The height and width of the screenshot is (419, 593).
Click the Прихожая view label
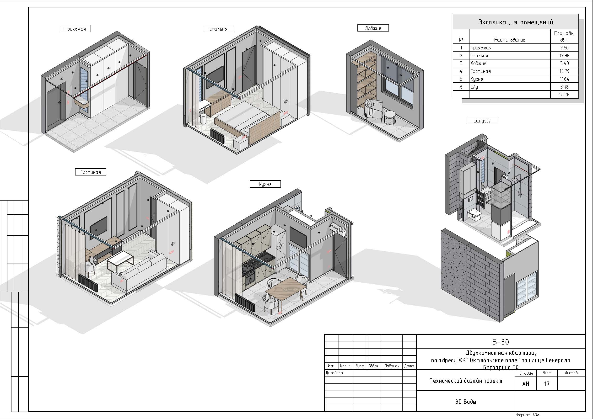coord(75,29)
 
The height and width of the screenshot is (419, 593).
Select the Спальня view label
coord(218,29)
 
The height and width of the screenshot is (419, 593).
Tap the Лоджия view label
coord(373,28)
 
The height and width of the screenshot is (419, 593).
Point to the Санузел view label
coord(482,121)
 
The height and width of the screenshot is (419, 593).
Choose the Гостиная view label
coord(90,172)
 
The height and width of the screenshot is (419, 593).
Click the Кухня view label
coord(265,184)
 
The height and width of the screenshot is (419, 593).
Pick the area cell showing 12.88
coord(564,55)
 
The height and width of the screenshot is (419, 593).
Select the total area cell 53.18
coord(564,94)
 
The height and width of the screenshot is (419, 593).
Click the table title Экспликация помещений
coord(516,22)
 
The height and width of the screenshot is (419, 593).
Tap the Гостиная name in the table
coord(480,71)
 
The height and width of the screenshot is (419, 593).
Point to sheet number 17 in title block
coord(546,384)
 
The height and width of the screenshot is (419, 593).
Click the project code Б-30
coord(501,342)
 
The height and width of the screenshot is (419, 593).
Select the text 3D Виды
coord(466,401)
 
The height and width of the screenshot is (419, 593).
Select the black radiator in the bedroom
coord(217,136)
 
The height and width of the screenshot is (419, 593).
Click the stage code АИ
coord(526,384)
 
